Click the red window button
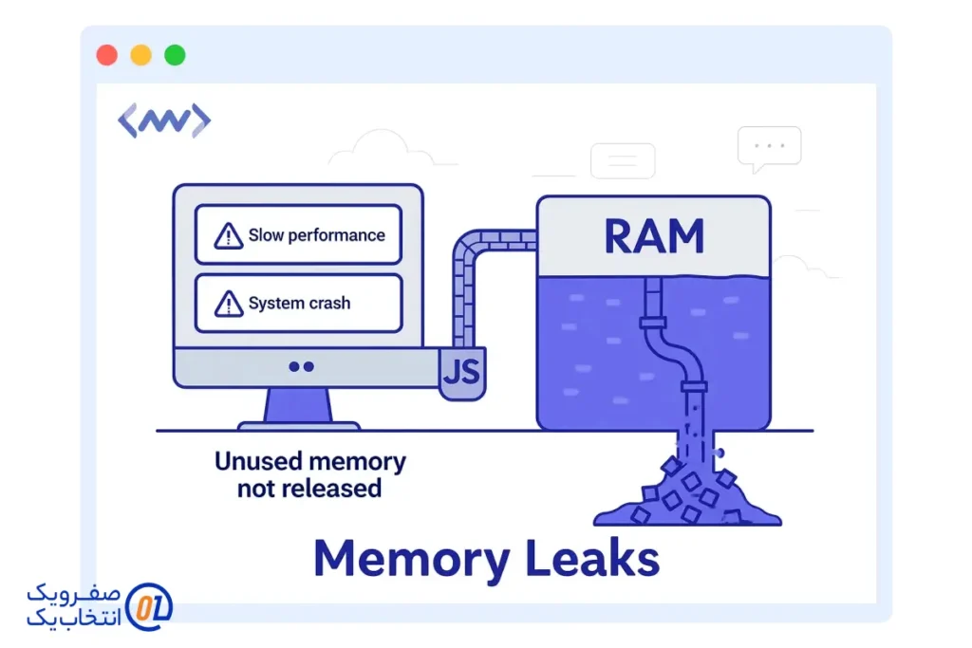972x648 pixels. click(x=106, y=55)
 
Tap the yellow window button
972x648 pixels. click(x=140, y=55)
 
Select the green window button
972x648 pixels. click(x=175, y=55)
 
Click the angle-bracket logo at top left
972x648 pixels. click(x=164, y=121)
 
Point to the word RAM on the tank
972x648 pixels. click(x=654, y=236)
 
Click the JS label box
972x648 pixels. click(x=462, y=371)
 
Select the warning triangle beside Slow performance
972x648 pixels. click(x=229, y=235)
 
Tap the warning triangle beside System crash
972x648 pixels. click(x=229, y=304)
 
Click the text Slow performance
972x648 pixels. click(x=316, y=235)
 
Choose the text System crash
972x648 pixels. click(x=299, y=304)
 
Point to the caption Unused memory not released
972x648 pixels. click(x=309, y=475)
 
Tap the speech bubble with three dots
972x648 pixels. click(x=769, y=148)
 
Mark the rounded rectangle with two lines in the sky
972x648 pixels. click(x=623, y=161)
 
